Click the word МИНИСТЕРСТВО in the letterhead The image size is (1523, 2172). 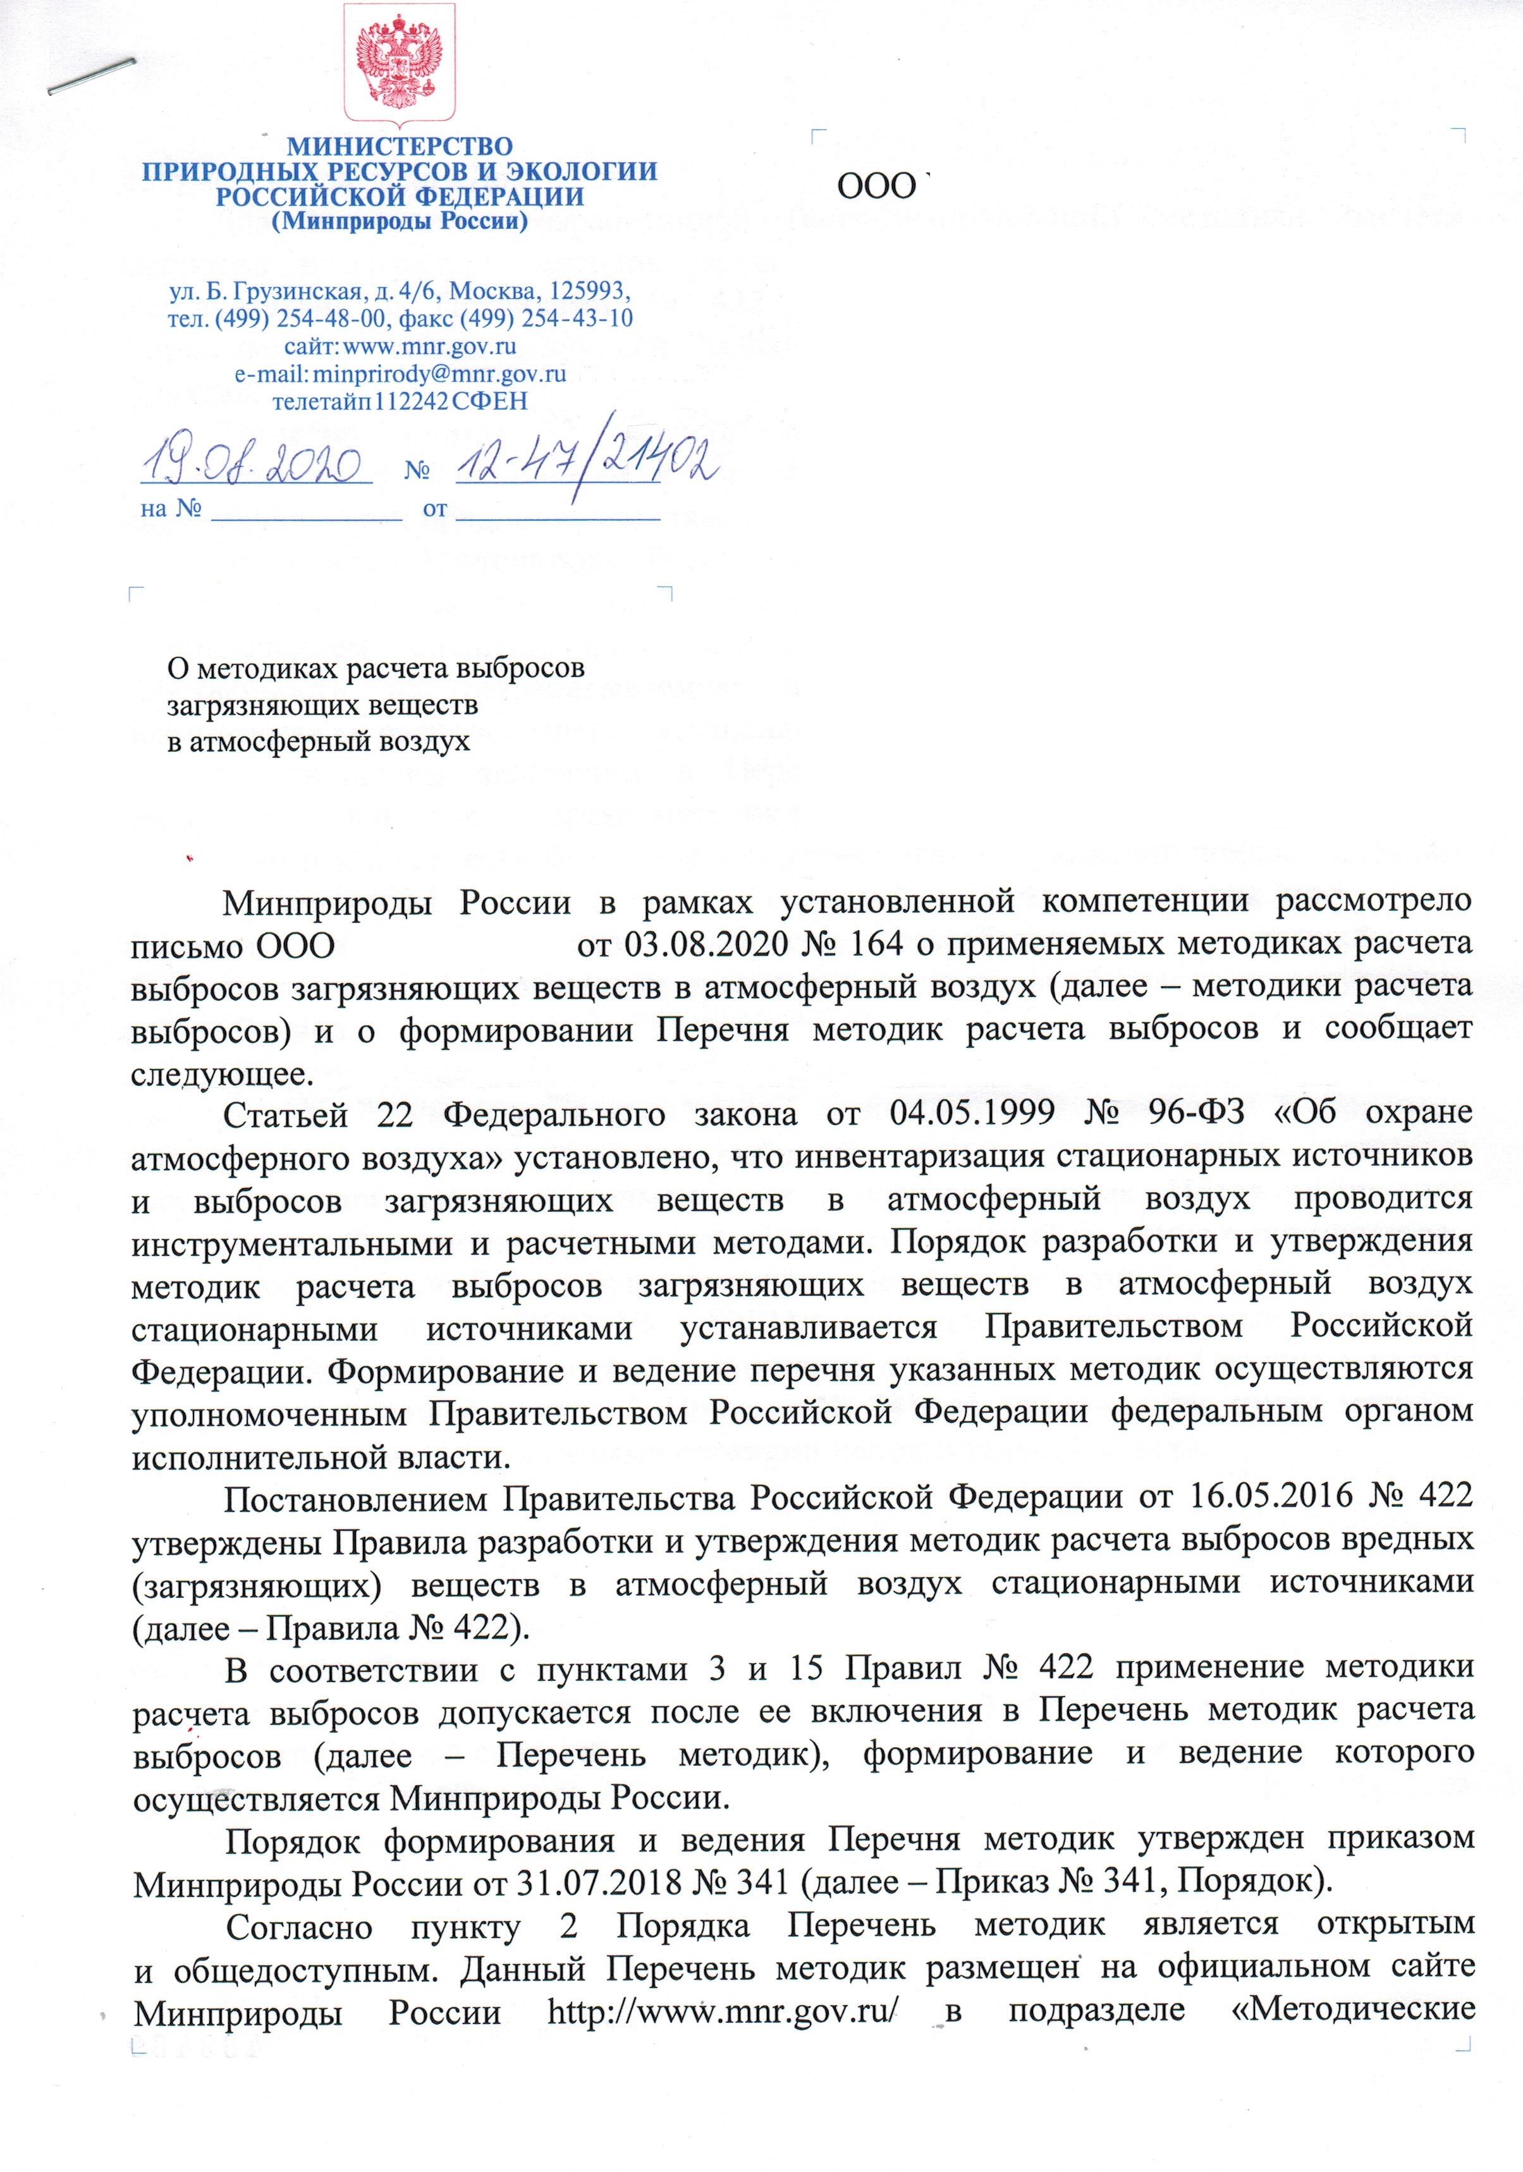tap(399, 147)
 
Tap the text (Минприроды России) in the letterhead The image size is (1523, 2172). tap(399, 223)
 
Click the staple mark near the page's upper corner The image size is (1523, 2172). tap(91, 76)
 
